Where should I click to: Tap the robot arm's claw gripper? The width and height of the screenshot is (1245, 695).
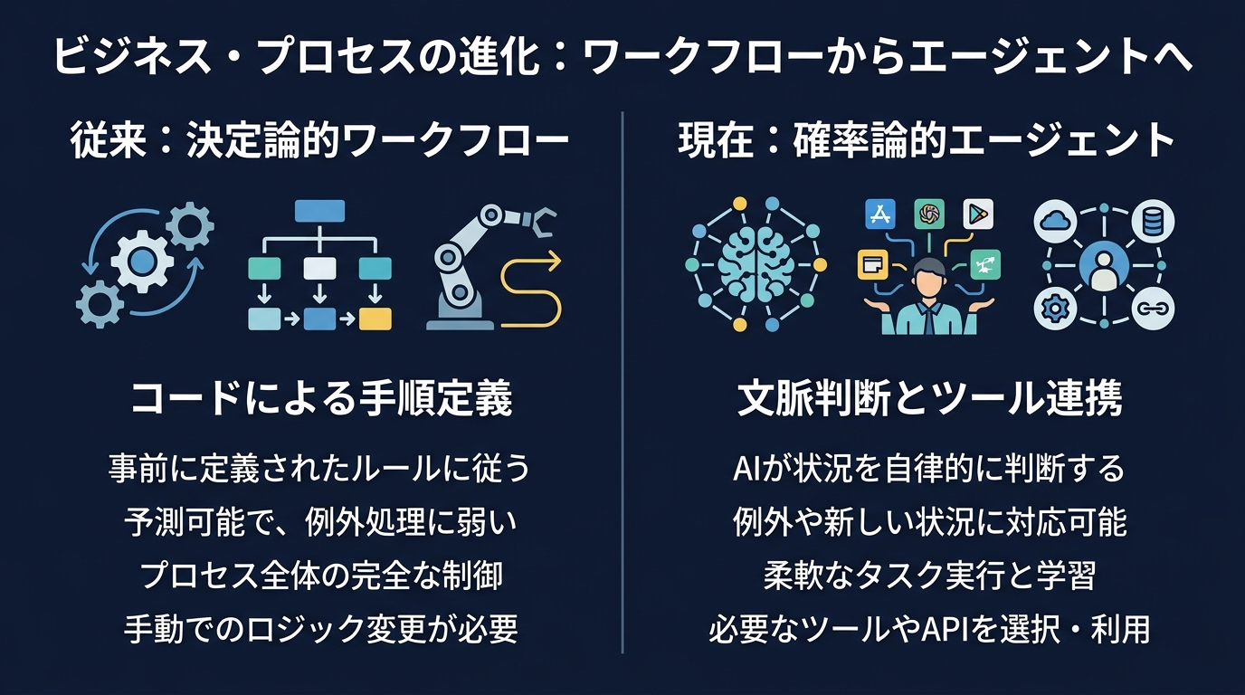[544, 220]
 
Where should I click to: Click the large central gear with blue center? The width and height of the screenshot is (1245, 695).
[141, 263]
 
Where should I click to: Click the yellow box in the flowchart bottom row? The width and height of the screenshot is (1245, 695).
[375, 319]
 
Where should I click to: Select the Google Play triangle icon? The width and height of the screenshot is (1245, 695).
[978, 214]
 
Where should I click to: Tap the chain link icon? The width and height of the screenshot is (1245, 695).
[1155, 309]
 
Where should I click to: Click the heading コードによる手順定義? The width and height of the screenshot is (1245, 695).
[321, 398]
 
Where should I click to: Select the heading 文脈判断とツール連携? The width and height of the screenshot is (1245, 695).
[930, 398]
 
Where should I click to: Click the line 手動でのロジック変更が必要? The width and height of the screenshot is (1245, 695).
[321, 629]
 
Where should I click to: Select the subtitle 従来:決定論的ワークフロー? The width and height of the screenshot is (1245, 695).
[319, 141]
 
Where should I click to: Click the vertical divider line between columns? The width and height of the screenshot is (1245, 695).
[623, 380]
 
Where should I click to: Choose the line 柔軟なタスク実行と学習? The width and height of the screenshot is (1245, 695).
[930, 576]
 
